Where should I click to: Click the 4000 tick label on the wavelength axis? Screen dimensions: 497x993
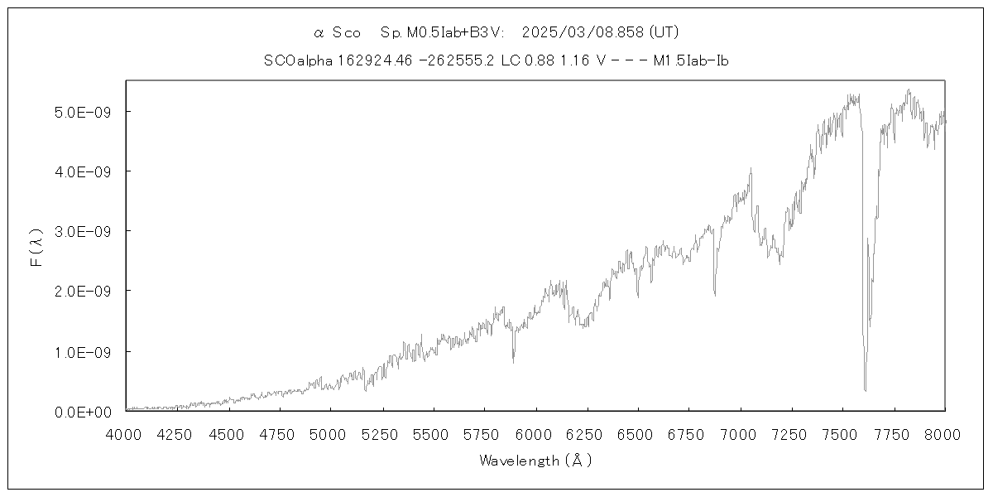pyautogui.click(x=126, y=433)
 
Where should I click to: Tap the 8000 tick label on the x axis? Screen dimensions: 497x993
pyautogui.click(x=944, y=433)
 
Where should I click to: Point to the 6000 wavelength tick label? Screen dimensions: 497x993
pyautogui.click(x=535, y=433)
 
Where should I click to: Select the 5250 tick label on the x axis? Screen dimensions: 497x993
pyautogui.click(x=381, y=433)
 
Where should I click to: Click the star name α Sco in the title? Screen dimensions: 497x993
pyautogui.click(x=338, y=32)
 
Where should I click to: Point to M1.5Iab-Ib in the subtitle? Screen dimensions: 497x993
pyautogui.click(x=690, y=60)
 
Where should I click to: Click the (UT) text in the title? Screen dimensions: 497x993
pyautogui.click(x=664, y=32)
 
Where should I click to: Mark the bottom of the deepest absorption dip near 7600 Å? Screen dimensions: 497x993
pyautogui.click(x=866, y=389)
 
